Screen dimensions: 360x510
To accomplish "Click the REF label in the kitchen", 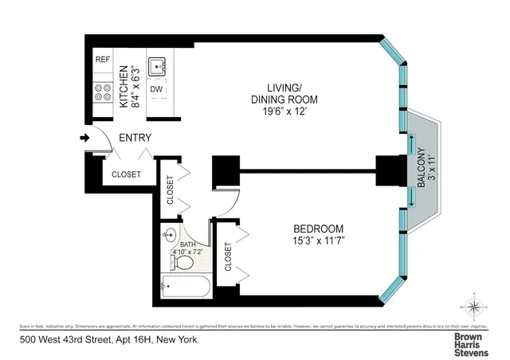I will pyautogui.click(x=103, y=60).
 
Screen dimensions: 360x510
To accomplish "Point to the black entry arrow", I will pyautogui.click(x=85, y=139).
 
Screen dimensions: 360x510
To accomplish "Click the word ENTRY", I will pyautogui.click(x=135, y=138).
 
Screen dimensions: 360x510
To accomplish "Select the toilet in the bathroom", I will pyautogui.click(x=180, y=260).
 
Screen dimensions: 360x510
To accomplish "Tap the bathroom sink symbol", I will pyautogui.click(x=169, y=236).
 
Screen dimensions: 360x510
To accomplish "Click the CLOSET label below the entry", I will pyautogui.click(x=126, y=174).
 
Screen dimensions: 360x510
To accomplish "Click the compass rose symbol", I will pyautogui.click(x=473, y=307).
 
